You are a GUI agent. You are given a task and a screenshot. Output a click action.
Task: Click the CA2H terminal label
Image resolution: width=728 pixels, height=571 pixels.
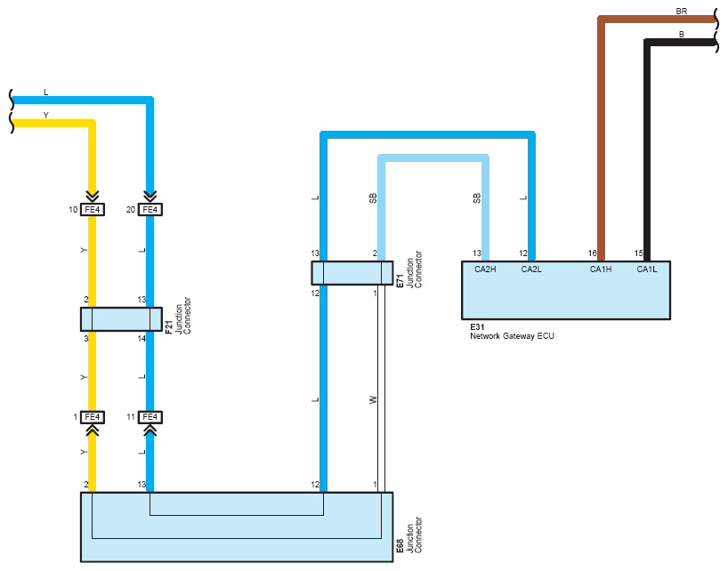tap(485, 269)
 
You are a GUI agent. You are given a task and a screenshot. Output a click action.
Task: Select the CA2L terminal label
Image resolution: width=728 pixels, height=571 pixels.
tap(531, 269)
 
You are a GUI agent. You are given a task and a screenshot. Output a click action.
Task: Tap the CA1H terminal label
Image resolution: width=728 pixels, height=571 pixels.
tap(601, 269)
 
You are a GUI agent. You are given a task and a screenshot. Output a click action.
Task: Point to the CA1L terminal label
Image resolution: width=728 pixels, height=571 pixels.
tap(647, 269)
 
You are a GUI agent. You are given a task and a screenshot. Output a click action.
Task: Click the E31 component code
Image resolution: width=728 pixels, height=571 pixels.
tap(477, 327)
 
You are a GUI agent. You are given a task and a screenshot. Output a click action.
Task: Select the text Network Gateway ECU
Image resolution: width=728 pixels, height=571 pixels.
tap(512, 336)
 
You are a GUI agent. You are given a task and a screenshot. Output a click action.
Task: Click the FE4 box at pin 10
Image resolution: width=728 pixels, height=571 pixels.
tap(93, 210)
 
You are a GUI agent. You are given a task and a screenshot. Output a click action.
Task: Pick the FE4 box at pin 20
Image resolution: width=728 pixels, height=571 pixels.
tap(150, 210)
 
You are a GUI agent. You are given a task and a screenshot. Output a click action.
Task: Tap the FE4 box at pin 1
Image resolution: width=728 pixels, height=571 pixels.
tap(93, 417)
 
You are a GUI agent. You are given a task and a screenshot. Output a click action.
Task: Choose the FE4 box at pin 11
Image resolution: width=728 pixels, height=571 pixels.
tap(150, 417)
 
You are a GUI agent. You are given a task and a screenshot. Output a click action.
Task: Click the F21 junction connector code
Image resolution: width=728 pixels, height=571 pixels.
tap(168, 327)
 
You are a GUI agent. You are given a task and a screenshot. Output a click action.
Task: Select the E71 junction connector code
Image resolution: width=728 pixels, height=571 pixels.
tap(400, 281)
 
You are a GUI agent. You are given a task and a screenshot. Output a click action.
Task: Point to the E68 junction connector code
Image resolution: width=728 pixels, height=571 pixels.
tap(400, 546)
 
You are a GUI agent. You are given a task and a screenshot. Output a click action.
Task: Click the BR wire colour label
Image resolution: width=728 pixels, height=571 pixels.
tap(681, 12)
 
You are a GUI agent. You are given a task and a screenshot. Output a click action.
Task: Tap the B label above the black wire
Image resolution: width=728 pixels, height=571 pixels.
tap(682, 35)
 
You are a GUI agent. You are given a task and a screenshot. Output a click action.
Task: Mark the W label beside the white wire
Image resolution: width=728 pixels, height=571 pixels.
tap(373, 400)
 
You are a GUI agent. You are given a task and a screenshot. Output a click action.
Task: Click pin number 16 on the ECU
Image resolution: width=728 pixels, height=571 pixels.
tap(592, 253)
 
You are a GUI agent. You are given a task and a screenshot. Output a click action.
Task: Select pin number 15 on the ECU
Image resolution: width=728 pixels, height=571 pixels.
tap(638, 253)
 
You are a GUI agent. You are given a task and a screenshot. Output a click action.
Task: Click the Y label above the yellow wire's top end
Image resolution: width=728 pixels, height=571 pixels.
tap(45, 115)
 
